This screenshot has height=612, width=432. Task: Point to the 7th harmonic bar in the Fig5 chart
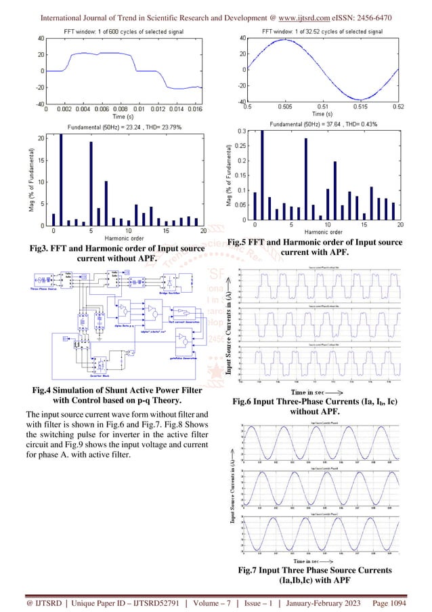click(x=305, y=179)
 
